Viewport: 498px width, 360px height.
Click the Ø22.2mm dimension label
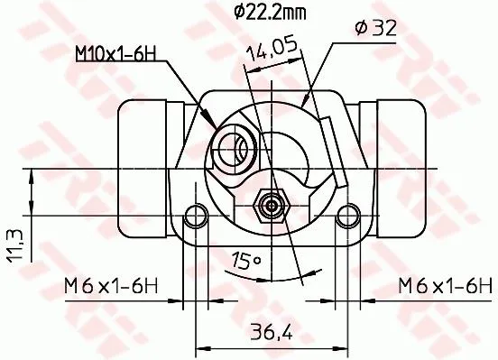(x=271, y=13)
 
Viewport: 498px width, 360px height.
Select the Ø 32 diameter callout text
(x=376, y=28)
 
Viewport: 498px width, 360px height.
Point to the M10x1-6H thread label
(x=116, y=53)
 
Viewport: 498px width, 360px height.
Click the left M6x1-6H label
(x=111, y=286)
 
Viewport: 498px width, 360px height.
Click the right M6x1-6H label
(x=446, y=286)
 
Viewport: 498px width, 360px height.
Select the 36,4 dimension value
(x=271, y=332)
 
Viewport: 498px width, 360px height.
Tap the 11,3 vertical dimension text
(x=15, y=246)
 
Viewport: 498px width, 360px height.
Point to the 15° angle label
(x=246, y=261)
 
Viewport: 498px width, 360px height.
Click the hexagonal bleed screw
(x=272, y=207)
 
